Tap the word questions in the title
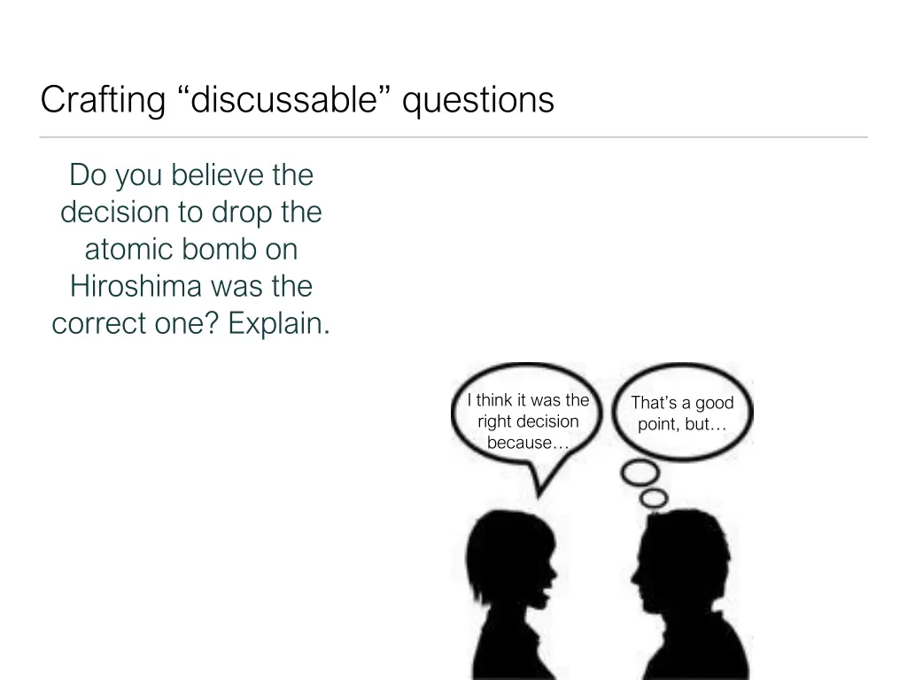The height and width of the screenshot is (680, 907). click(478, 100)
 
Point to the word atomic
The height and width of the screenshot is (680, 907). click(129, 250)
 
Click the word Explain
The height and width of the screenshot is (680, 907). click(279, 324)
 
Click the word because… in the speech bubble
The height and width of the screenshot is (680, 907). click(528, 444)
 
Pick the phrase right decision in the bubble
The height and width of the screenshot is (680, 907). click(528, 421)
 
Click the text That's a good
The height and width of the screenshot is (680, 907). click(682, 403)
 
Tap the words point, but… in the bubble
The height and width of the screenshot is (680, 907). click(682, 425)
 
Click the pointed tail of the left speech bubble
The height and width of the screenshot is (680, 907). click(535, 490)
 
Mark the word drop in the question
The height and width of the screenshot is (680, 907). click(242, 212)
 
